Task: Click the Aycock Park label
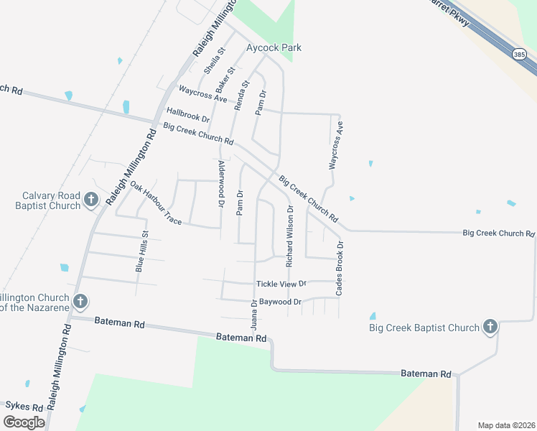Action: point(274,47)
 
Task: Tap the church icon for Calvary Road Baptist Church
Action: point(91,199)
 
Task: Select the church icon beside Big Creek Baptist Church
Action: point(490,328)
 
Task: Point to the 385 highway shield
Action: point(519,54)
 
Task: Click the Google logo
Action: point(24,422)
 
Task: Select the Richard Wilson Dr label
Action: point(290,236)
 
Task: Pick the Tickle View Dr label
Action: point(281,284)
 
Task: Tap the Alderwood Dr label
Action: point(221,185)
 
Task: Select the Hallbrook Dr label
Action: point(187,114)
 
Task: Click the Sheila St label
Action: point(214,60)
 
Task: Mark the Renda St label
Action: point(241,95)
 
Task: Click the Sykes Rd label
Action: point(24,406)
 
